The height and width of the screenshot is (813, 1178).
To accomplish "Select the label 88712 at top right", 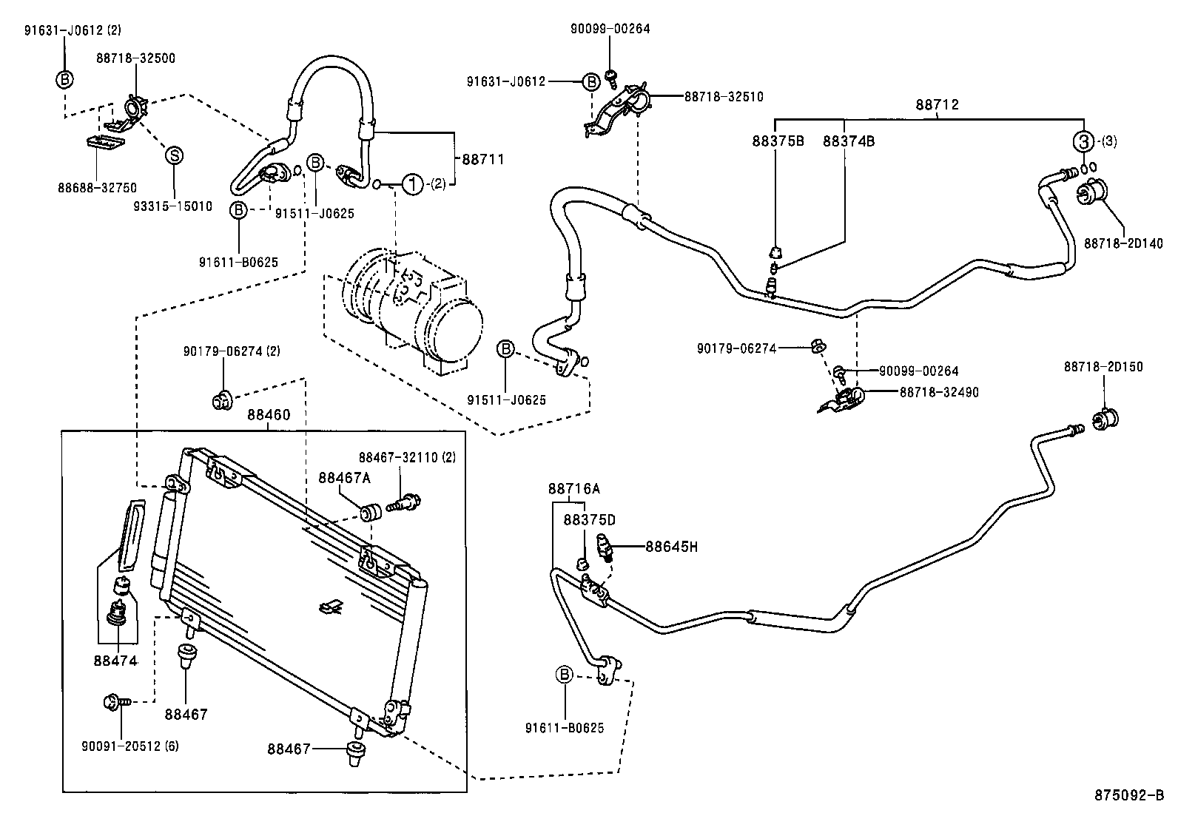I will [x=937, y=104].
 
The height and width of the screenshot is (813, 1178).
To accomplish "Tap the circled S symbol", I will [x=174, y=155].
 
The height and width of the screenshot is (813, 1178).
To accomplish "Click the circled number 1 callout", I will [x=413, y=183].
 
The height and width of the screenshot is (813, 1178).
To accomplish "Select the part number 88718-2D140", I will [x=1123, y=243].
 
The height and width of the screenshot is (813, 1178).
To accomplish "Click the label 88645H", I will [x=671, y=547].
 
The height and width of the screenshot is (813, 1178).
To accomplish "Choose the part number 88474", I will [x=115, y=660].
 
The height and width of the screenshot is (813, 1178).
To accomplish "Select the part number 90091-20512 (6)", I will [x=130, y=746].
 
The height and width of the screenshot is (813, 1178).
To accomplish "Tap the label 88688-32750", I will [x=97, y=188].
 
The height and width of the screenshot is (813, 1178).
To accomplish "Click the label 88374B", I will [x=848, y=141].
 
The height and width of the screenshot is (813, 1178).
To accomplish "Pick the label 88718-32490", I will [x=938, y=392].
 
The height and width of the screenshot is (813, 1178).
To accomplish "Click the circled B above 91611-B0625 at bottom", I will [x=565, y=675].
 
